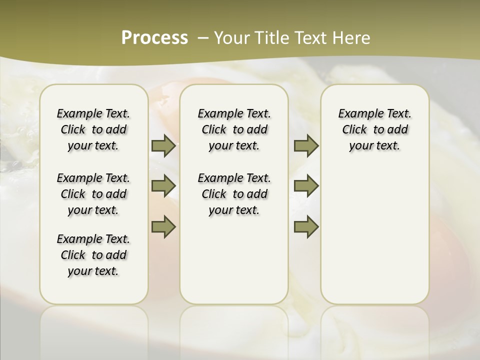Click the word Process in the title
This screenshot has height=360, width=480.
pos(154,37)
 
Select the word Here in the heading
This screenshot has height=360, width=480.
pos(350,37)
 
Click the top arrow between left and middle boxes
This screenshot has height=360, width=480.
pos(163,145)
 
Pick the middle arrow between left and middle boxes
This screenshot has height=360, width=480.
pos(163,186)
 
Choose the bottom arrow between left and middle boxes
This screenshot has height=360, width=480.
pos(163,226)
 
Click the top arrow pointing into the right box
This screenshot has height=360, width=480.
pos(306,145)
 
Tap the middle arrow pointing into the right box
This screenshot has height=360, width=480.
pos(306,186)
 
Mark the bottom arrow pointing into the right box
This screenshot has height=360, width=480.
pos(306,226)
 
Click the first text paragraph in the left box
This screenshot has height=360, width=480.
pos(93,129)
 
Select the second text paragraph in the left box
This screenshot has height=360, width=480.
pos(93,194)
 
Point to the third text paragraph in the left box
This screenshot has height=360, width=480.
pos(93,255)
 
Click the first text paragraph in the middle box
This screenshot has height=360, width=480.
pos(234,129)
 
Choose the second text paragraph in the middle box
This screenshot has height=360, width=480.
pos(234,194)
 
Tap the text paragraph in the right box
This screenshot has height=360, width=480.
pos(374,129)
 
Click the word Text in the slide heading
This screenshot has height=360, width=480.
pos(310,37)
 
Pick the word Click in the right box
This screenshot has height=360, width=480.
pos(354,130)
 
